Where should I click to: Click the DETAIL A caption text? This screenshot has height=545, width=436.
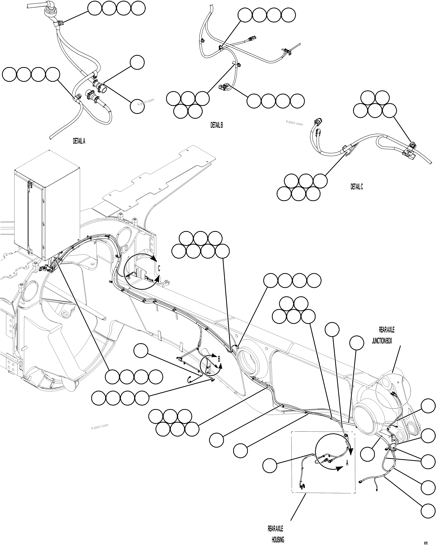click(79, 141)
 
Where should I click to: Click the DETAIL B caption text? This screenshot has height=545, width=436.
click(216, 125)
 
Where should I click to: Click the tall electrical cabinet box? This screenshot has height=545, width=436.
click(47, 205)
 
